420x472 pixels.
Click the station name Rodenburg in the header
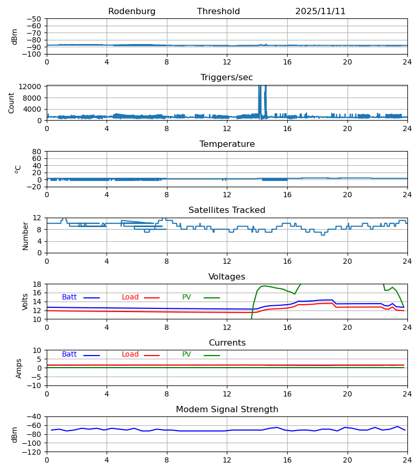pos(132,12)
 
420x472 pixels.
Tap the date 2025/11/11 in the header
pos(320,12)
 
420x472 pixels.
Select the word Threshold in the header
pos(218,12)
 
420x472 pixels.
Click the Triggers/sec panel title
pos(227,78)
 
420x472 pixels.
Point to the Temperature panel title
pos(227,144)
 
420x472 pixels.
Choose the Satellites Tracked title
pos(227,210)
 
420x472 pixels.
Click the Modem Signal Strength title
pos(227,410)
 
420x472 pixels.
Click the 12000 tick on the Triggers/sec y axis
pos(33,87)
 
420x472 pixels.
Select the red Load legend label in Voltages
pos(130,297)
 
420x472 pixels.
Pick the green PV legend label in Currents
pos(186,355)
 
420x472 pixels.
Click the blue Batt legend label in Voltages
pos(69,297)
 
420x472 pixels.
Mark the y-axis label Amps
pos(18,368)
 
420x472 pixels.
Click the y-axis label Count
pos(12,103)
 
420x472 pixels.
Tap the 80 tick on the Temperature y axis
pos(37,152)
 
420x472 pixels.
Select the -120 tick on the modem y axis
pos(33,452)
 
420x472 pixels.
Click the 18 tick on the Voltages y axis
pos(37,284)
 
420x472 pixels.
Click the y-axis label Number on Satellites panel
pos(25,235)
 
